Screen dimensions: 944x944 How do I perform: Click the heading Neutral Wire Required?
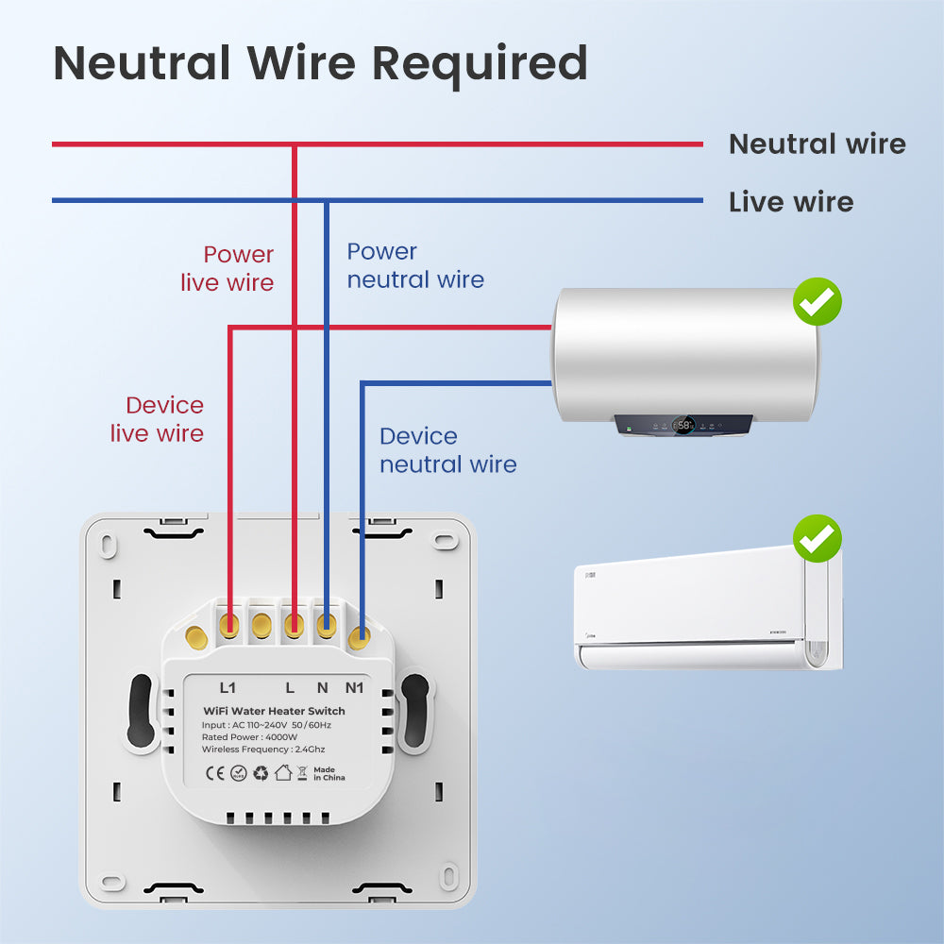click(321, 63)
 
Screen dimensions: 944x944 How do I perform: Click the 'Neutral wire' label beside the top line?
click(817, 143)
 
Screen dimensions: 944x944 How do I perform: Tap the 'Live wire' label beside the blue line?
click(790, 201)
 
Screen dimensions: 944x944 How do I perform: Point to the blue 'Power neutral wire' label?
click(414, 265)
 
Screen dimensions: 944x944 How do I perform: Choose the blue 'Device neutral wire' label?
click(447, 450)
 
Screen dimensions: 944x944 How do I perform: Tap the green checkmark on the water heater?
click(817, 302)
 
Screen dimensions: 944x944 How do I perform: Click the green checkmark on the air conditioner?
click(817, 539)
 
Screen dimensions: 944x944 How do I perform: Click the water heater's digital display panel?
click(683, 426)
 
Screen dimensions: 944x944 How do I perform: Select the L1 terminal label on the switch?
click(228, 687)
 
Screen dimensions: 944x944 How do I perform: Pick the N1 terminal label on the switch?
click(355, 687)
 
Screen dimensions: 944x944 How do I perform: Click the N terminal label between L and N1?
click(323, 687)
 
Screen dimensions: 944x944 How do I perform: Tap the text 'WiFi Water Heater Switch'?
click(275, 711)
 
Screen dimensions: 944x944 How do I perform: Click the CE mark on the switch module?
click(214, 773)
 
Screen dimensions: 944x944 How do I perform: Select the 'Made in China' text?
click(329, 773)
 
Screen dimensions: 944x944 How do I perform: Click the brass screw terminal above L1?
click(228, 623)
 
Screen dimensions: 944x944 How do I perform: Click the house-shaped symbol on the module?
click(283, 773)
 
